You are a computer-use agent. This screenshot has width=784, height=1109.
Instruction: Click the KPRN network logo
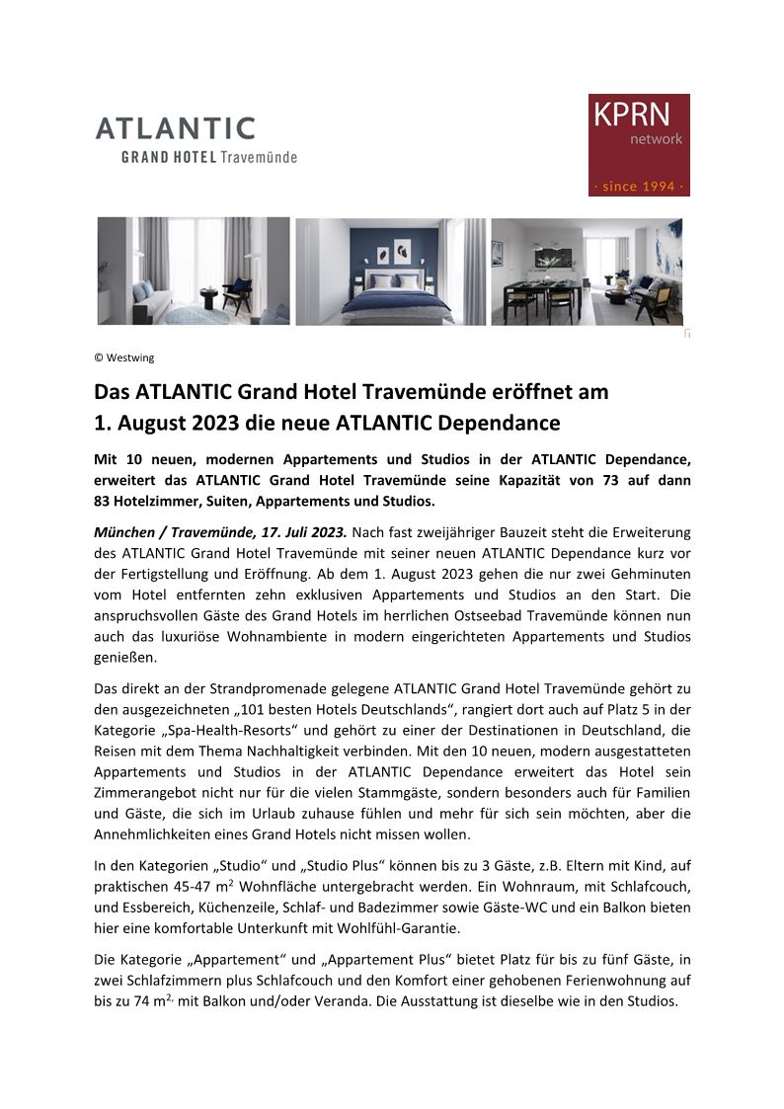639,144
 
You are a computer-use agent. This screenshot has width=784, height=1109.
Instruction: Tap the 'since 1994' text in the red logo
639,186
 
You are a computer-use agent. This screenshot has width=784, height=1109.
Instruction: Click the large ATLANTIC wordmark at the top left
175,128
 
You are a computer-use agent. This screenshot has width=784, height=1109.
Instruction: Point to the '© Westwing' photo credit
124,357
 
